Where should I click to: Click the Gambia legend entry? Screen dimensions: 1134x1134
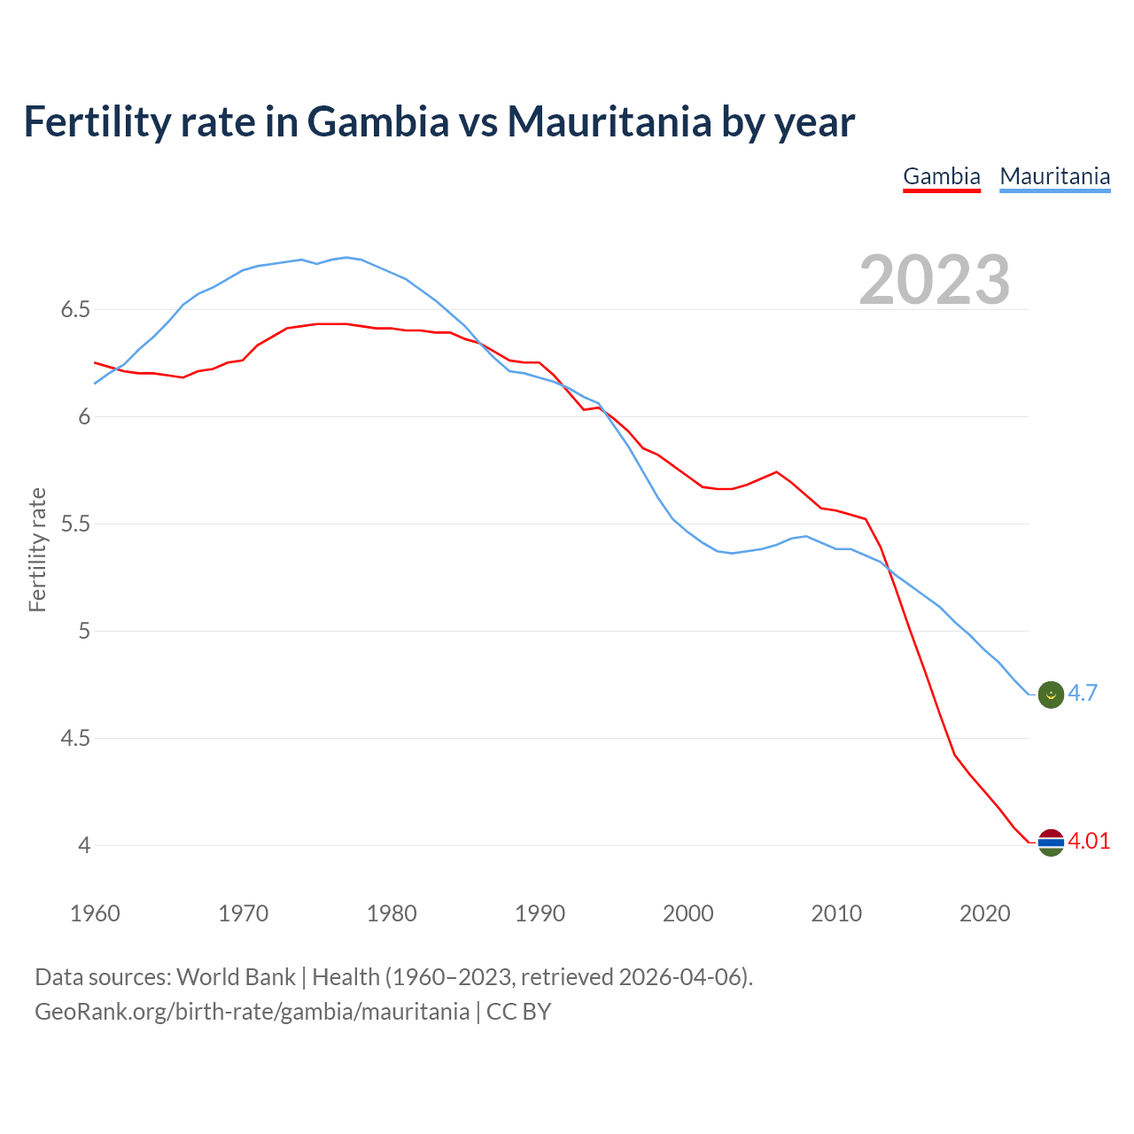(941, 176)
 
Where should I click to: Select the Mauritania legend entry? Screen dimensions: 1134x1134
(1054, 176)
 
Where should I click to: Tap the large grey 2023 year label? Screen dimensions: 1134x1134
(934, 280)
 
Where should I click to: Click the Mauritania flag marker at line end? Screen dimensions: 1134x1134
(1050, 695)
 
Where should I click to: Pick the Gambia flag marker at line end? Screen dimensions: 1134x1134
(1050, 842)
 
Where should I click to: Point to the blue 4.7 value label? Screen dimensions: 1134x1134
(1083, 694)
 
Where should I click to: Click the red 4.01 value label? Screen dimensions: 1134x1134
(1089, 841)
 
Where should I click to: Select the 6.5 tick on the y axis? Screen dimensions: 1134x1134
(75, 310)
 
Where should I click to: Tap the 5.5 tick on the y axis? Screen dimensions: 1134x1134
(75, 524)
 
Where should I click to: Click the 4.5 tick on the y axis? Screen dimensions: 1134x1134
(75, 739)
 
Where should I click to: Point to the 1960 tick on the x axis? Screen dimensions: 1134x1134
(95, 913)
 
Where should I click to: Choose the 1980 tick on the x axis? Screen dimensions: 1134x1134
(392, 913)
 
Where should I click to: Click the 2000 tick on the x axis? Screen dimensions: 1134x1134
(687, 913)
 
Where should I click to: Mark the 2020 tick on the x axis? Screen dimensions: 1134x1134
(984, 913)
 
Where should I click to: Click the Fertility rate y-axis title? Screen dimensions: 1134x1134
(37, 549)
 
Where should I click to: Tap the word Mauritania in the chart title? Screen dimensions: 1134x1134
(609, 121)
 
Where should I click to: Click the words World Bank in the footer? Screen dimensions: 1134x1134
(236, 977)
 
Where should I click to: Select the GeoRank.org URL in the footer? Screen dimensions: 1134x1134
(252, 1012)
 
